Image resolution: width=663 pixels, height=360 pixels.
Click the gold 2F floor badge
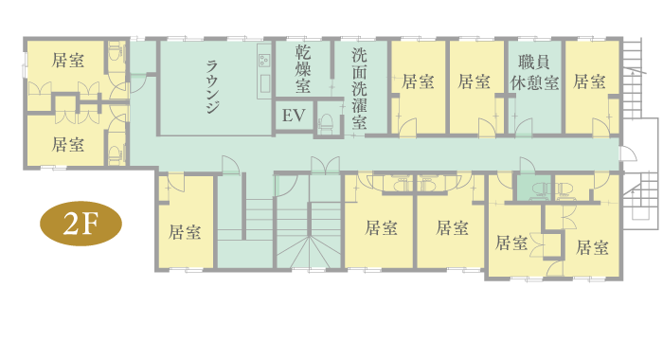(81, 224)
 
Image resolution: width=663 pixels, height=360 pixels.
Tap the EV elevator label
(294, 115)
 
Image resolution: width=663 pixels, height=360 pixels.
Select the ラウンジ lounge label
(212, 87)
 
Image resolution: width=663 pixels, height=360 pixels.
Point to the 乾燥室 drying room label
(303, 69)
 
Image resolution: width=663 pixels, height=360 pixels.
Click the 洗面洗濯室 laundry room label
(359, 89)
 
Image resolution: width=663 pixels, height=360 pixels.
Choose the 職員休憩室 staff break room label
(534, 72)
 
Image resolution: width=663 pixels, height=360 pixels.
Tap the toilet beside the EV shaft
(326, 123)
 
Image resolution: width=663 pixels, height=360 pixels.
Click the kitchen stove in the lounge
(264, 60)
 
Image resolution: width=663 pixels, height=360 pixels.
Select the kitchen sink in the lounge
(265, 83)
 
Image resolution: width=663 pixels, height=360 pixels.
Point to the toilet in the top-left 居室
(115, 51)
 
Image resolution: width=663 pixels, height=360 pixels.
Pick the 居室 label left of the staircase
(185, 232)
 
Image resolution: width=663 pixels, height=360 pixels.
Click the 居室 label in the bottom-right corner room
(592, 247)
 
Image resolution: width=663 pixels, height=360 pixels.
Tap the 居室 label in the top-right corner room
(589, 81)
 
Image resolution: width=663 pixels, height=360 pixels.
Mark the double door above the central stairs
(325, 165)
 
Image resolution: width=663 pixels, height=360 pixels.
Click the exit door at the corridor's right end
(628, 153)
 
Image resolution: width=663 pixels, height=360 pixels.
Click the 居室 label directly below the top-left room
(67, 144)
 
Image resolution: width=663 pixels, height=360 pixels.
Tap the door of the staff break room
(524, 127)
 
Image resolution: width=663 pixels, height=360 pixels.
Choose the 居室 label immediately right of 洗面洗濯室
(418, 81)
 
